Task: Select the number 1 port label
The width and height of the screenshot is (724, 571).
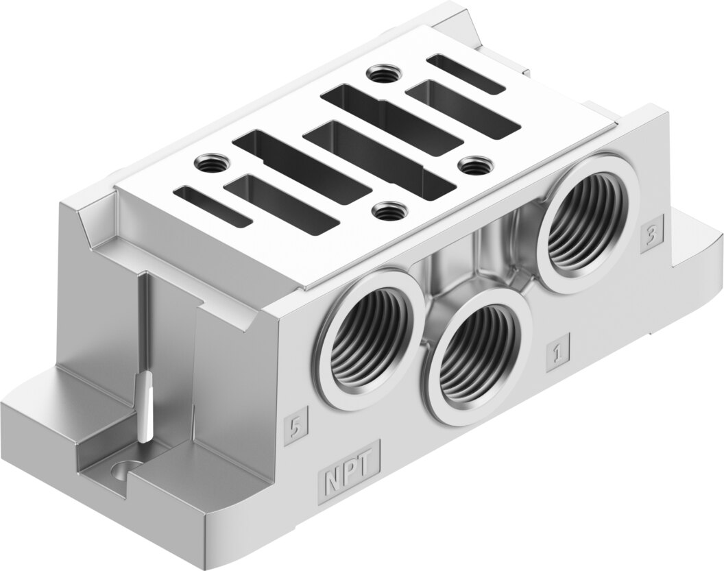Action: coord(557,352)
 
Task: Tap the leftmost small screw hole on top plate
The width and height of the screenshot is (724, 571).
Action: coord(210,162)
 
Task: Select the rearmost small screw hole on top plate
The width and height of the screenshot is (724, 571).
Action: coord(383,73)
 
